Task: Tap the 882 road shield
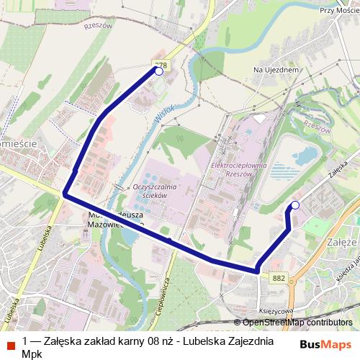(279, 276)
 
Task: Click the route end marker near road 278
(158, 71)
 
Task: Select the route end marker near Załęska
(294, 206)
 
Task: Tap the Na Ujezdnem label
(276, 70)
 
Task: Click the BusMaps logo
(326, 343)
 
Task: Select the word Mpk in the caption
(33, 354)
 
